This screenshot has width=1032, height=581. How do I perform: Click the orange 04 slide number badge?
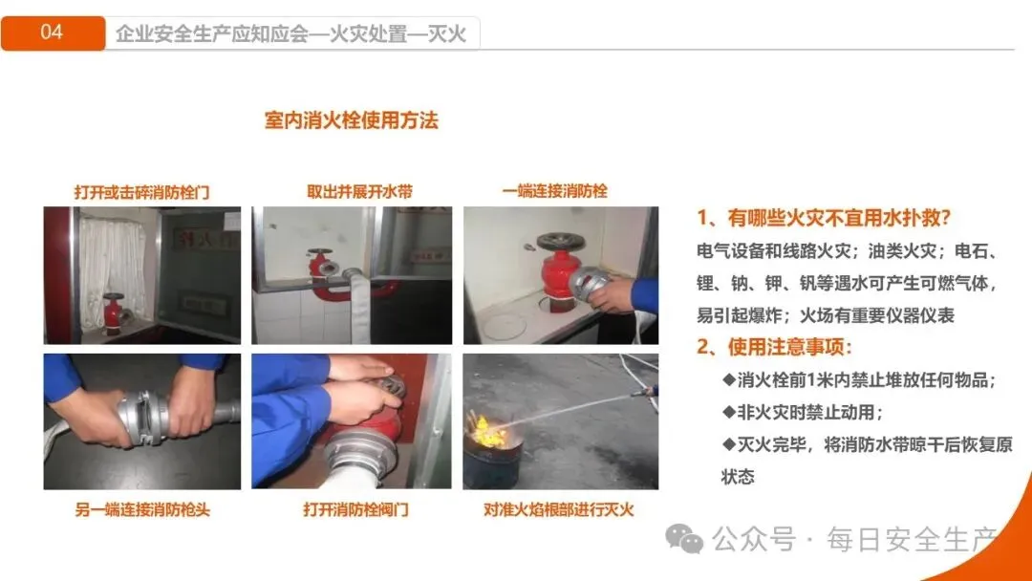[53, 32]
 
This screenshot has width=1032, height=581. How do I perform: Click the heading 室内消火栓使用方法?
[351, 120]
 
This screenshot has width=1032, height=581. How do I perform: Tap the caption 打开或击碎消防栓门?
[141, 193]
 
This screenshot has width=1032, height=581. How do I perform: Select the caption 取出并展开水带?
[359, 192]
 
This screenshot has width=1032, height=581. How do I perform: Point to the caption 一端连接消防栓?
[555, 191]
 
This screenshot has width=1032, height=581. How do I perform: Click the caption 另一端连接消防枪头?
[142, 510]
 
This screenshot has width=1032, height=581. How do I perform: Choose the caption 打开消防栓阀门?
[355, 509]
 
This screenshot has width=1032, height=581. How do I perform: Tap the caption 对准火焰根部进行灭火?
[558, 509]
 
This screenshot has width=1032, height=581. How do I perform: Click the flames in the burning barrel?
[488, 431]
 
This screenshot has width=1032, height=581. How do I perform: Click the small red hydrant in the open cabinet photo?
[113, 312]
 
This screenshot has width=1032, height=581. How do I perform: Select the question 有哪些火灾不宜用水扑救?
[824, 218]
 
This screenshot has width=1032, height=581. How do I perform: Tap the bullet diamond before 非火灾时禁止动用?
[728, 412]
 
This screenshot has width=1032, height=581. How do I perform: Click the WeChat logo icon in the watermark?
[684, 539]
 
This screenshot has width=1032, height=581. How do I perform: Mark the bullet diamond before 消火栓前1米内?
[728, 379]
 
